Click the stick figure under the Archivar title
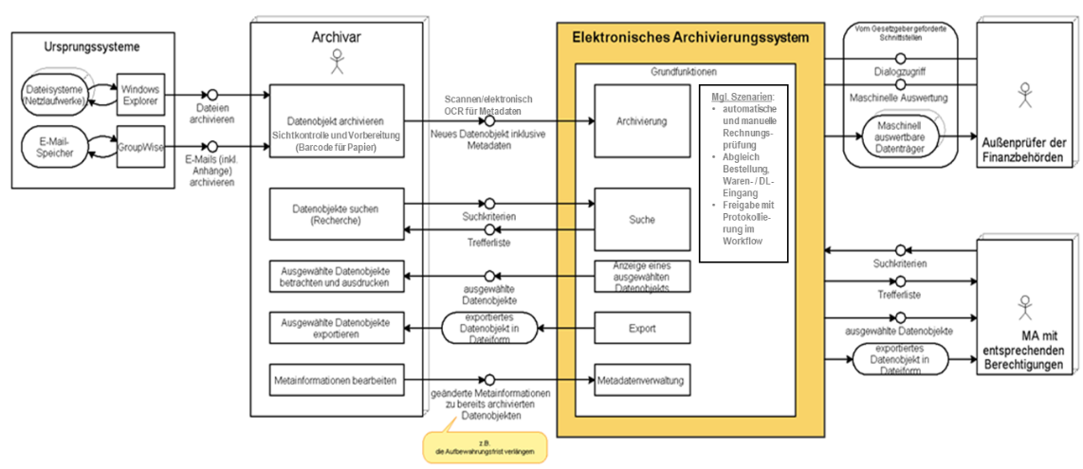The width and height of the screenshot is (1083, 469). (x=337, y=63)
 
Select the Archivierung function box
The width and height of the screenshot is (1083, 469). (x=641, y=122)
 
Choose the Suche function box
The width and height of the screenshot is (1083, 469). (x=641, y=220)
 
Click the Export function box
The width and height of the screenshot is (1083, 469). (x=641, y=329)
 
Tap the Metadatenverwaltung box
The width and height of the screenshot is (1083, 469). (x=641, y=380)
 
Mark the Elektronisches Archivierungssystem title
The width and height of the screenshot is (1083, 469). (x=689, y=38)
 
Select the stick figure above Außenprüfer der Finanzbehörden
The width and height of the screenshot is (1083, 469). (x=1023, y=94)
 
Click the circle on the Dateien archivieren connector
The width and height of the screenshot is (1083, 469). (x=212, y=94)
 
